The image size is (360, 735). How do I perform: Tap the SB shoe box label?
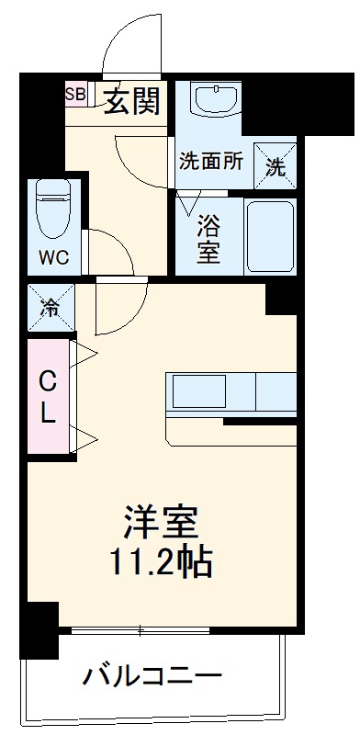pos(74,94)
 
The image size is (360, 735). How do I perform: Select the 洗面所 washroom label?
pos(210,161)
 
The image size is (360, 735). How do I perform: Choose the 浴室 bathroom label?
pos(210,237)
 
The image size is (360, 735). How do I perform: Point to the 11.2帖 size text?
pos(162,562)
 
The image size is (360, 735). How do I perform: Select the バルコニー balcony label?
pos(152,678)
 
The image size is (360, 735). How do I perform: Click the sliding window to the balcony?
pos(142,631)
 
